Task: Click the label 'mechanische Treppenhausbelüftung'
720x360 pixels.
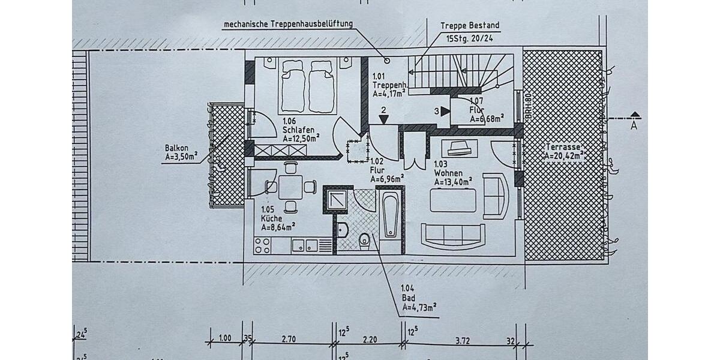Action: click(287, 25)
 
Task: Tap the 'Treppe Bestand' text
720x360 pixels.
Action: click(469, 26)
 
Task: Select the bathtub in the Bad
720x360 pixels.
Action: click(389, 214)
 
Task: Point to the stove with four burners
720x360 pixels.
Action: click(263, 244)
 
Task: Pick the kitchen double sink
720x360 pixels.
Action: click(305, 245)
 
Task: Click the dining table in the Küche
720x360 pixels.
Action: click(291, 187)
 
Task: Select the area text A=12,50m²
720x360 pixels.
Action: click(301, 137)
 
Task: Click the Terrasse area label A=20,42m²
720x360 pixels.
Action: click(565, 155)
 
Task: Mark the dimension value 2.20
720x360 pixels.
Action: click(370, 339)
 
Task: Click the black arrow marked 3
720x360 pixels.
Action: click(445, 111)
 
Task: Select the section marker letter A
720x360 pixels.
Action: click(634, 126)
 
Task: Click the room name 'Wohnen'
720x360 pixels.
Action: click(447, 173)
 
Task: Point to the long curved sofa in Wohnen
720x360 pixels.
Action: click(453, 236)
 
